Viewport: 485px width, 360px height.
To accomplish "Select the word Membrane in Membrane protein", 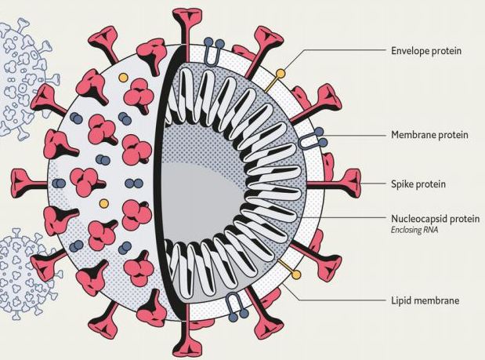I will click(x=413, y=135).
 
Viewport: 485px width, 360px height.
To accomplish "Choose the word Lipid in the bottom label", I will click(x=402, y=300).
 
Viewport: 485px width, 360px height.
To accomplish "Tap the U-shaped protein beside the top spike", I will click(x=214, y=49).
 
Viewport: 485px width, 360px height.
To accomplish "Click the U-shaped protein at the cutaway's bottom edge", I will click(x=234, y=304).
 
